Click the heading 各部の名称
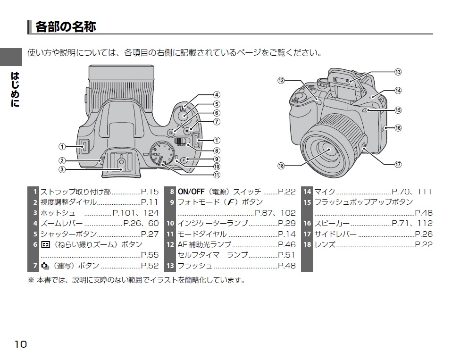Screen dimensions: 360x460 click(x=66, y=26)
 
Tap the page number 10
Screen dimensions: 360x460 click(x=21, y=343)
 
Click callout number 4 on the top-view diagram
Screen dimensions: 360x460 click(x=217, y=94)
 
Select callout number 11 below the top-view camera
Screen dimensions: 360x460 click(x=217, y=175)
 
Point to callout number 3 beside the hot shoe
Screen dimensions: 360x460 click(x=62, y=169)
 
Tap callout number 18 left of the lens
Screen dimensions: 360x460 click(x=281, y=165)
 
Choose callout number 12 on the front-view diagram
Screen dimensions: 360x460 click(x=281, y=80)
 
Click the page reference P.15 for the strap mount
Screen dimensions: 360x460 click(x=150, y=192)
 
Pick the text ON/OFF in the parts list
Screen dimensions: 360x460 click(x=191, y=192)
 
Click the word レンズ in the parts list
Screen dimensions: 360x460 click(x=325, y=244)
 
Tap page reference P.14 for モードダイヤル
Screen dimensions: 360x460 click(x=287, y=234)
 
